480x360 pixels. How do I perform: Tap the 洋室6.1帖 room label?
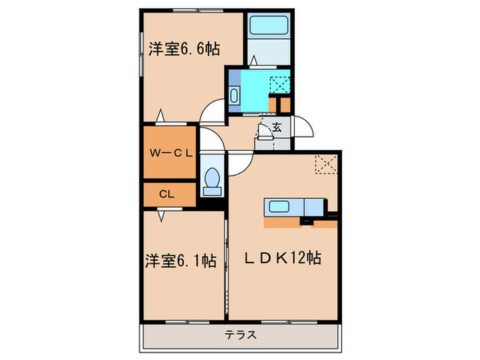tap(180, 261)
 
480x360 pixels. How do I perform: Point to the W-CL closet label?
tap(169, 154)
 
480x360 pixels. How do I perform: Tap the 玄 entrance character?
tap(276, 127)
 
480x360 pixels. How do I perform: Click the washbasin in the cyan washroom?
tap(235, 95)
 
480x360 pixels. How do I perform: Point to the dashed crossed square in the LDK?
tap(324, 165)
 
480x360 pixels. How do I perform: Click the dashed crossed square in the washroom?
tap(280, 86)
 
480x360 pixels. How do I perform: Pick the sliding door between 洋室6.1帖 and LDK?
tap(226, 264)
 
